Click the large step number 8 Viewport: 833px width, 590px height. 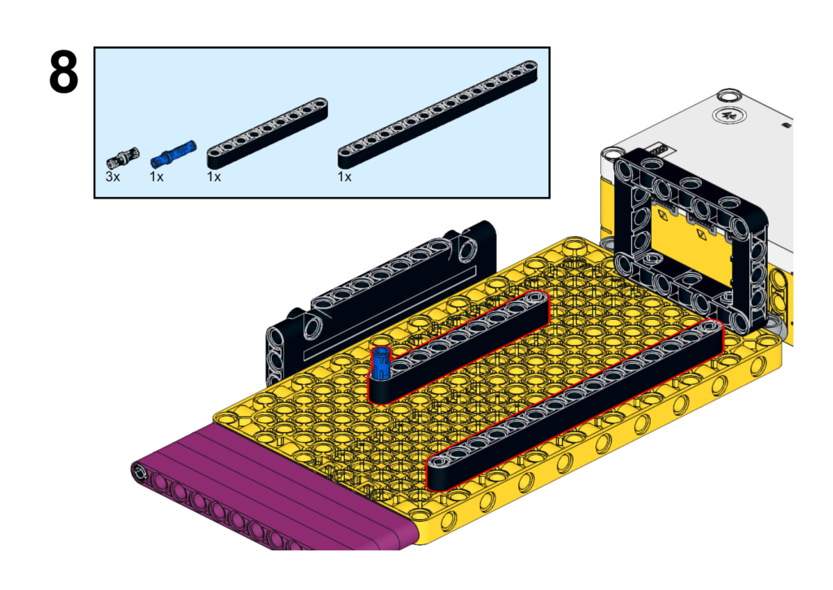(63, 72)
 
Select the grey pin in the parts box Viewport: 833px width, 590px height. (123, 158)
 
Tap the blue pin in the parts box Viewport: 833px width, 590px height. (173, 153)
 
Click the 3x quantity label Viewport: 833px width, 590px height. (112, 177)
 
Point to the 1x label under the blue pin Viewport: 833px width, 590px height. (156, 177)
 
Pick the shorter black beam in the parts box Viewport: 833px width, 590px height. (267, 133)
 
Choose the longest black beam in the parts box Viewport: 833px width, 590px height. (438, 115)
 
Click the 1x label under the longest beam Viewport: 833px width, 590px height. (344, 177)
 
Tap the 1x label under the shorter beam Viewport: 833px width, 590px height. (214, 177)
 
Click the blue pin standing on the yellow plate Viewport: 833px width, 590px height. (381, 362)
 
